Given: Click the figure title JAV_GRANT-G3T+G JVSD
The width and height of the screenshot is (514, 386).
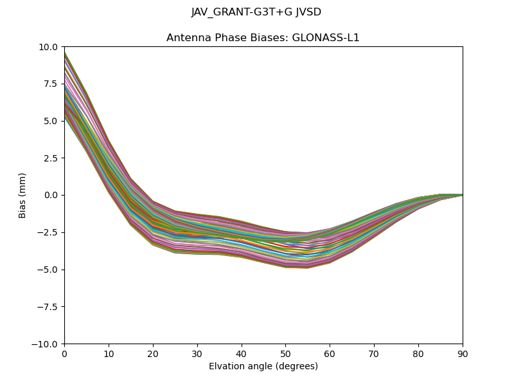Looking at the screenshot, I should [x=256, y=12].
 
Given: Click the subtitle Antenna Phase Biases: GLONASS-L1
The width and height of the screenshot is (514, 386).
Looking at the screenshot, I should [x=263, y=38].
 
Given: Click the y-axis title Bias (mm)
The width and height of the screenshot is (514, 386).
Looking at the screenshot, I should [x=22, y=195].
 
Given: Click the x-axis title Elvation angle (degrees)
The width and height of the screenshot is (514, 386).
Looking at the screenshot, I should [x=263, y=367].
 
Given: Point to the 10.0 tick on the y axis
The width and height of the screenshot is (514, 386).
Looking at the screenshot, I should [x=49, y=47].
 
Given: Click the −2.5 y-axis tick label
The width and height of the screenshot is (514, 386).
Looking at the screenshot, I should [x=49, y=232].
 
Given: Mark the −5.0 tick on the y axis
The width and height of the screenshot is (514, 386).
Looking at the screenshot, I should [x=49, y=270].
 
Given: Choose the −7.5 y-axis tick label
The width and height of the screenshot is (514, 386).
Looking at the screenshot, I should [x=49, y=307].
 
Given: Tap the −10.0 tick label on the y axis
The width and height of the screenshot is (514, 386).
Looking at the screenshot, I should [x=46, y=344].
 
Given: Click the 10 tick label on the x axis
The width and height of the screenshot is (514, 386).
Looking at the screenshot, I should [x=109, y=353].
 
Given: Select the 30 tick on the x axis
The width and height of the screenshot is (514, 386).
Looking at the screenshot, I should [x=197, y=353].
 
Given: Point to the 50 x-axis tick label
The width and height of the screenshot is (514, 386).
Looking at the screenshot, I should [x=285, y=353].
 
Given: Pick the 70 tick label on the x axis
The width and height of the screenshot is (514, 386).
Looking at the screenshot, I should [x=374, y=353].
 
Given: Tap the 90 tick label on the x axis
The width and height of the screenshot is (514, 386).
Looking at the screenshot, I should [x=463, y=353].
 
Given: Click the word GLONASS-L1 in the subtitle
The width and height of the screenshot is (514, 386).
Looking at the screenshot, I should [x=326, y=38].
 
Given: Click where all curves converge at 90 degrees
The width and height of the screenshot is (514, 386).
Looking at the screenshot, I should [x=462, y=195].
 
